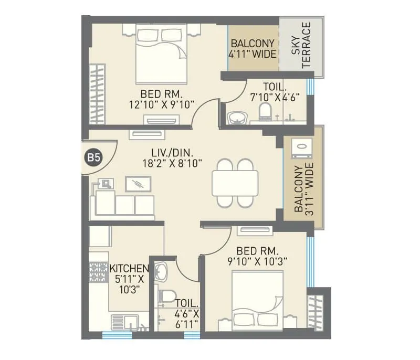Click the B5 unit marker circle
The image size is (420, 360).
(x=93, y=157)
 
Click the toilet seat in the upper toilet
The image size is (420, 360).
(x=265, y=111)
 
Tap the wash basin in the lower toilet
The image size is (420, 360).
(x=162, y=271)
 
